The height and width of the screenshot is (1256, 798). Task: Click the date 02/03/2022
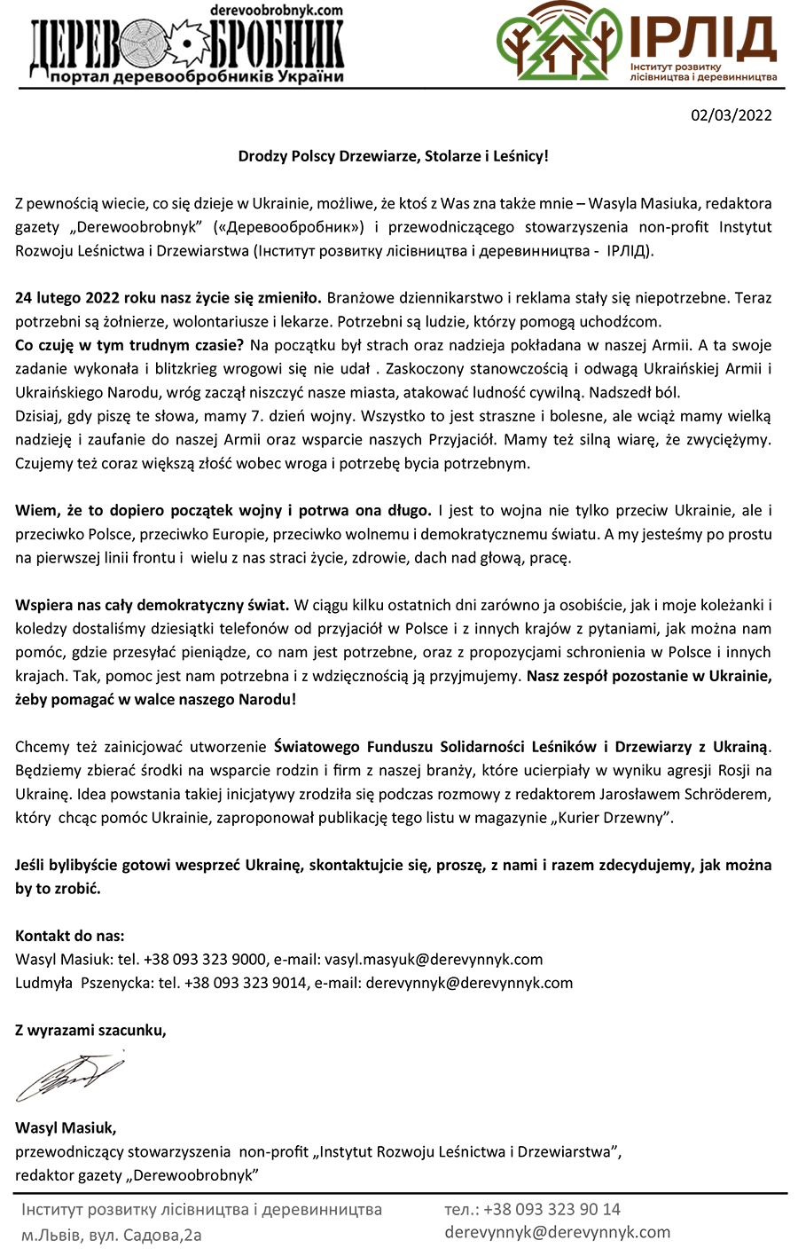[731, 115]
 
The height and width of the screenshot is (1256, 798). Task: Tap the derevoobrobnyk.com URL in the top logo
[276, 9]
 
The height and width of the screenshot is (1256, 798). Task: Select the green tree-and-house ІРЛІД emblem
[558, 41]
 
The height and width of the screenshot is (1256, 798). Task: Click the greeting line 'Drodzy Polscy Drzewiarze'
[393, 156]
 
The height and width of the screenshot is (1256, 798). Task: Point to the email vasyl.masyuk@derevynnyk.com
[434, 959]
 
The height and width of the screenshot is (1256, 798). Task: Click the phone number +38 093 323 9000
[205, 959]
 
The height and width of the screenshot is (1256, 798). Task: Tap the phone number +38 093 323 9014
[246, 983]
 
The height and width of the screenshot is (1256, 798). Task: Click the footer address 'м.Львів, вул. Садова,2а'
[112, 1234]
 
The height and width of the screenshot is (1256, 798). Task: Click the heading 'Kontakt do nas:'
[70, 935]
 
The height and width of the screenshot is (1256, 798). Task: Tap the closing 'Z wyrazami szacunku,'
[90, 1030]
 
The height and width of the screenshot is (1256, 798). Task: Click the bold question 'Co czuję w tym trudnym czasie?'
[129, 345]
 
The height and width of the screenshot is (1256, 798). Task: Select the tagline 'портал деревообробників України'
[197, 77]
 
